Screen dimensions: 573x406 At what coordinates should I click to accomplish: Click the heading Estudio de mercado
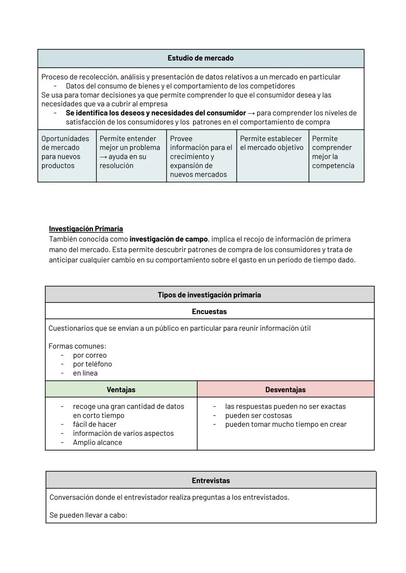click(200, 58)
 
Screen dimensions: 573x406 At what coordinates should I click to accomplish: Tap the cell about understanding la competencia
click(333, 152)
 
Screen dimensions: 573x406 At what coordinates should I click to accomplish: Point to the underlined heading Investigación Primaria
click(86, 229)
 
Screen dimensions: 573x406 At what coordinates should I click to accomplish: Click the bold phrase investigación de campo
click(168, 239)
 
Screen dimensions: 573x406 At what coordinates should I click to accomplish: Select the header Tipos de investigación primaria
click(209, 295)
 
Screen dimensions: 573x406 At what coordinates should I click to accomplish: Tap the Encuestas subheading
click(209, 311)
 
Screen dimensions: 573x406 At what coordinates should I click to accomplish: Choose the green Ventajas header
click(121, 390)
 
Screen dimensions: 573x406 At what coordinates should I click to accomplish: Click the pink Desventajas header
click(285, 390)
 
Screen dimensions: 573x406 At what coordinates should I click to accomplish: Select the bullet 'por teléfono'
click(92, 364)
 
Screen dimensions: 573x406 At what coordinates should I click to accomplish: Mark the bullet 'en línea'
click(85, 373)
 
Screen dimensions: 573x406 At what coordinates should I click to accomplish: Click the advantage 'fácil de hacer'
click(94, 424)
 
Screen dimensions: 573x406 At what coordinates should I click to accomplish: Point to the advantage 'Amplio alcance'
click(97, 442)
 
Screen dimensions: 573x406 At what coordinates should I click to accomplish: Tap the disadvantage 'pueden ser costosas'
click(258, 416)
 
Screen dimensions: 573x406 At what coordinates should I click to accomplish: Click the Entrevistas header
click(211, 481)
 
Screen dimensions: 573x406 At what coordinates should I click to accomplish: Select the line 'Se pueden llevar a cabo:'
click(88, 515)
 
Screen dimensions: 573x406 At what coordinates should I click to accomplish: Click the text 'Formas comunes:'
click(77, 346)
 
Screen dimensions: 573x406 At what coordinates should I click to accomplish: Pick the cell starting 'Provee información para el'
click(201, 157)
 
